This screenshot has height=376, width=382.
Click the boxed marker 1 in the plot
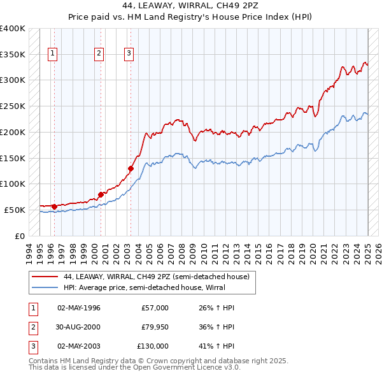point(52,54)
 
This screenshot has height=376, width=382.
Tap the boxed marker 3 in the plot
point(129,54)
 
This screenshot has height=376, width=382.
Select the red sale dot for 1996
point(54,206)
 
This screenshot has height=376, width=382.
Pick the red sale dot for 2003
point(131,168)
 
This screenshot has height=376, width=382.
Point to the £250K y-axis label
point(13,106)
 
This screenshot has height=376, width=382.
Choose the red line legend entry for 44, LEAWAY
point(160,277)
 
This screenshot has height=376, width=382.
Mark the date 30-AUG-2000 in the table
point(79,327)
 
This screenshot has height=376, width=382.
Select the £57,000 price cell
point(155,308)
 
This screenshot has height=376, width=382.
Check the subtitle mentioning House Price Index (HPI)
point(191,17)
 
